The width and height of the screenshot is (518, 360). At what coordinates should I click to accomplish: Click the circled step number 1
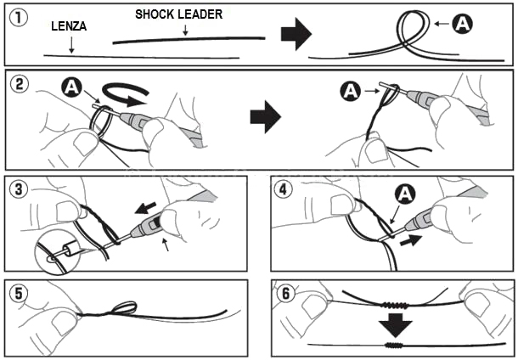pyautogui.click(x=20, y=14)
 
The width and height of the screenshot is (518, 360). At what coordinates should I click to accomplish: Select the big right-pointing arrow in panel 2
pyautogui.click(x=265, y=118)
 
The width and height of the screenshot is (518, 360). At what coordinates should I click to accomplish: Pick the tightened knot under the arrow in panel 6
pyautogui.click(x=393, y=346)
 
